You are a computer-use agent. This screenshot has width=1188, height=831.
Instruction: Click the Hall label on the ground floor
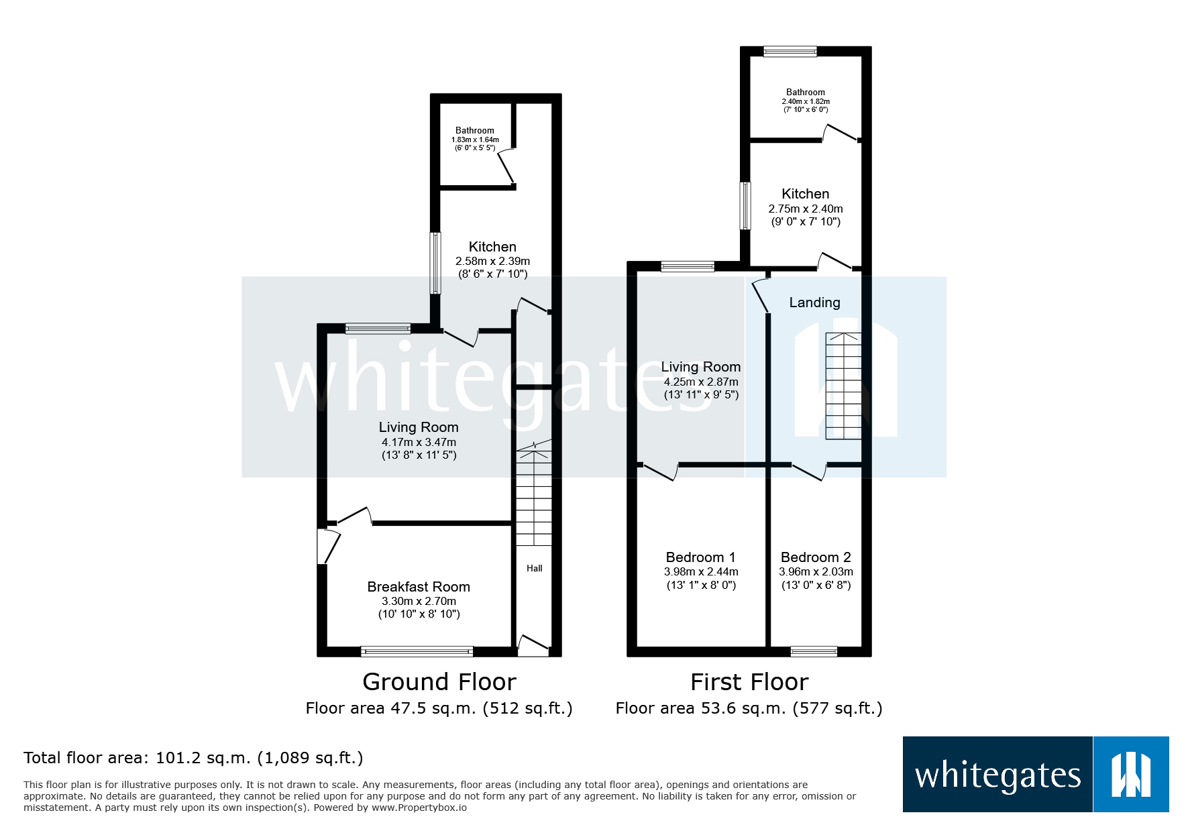point(535,568)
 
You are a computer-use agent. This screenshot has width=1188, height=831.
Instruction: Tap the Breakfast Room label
point(419,587)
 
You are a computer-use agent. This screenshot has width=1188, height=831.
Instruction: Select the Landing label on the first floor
point(814,302)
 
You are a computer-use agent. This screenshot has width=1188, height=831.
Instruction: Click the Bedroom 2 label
point(816,557)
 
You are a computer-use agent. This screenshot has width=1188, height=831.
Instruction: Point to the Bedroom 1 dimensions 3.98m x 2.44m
point(701,572)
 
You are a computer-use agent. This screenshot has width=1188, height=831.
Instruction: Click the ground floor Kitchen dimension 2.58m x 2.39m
point(492,262)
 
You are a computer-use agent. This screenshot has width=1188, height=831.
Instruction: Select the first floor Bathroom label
point(805,93)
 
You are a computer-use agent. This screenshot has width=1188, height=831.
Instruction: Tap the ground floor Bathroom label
point(474,131)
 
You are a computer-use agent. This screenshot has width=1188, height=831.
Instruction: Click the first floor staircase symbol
point(843,386)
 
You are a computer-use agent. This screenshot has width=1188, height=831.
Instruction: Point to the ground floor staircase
point(534,496)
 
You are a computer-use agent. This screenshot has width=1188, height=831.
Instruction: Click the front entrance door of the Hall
point(533,647)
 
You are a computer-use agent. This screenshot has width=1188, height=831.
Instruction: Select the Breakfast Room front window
point(417,651)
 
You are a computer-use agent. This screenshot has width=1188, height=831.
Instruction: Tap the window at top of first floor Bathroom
point(790,51)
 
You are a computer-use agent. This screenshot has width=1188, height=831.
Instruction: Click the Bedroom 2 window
point(814,651)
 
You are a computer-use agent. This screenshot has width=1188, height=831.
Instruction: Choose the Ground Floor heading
point(439,682)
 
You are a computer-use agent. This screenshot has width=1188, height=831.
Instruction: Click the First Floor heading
point(749,682)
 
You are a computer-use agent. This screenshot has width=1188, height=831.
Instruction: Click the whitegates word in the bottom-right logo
point(997,775)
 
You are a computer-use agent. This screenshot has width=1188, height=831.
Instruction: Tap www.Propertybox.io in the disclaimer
point(419,808)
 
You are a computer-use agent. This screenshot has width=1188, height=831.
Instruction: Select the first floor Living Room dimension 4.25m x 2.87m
point(701,382)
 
